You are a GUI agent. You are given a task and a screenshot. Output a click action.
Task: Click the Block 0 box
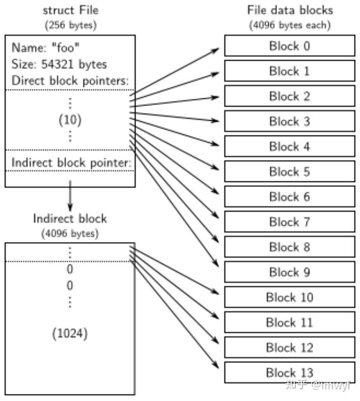point(289,46)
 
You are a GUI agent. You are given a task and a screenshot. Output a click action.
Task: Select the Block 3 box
point(289,121)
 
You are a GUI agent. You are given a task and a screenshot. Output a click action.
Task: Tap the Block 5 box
point(289,172)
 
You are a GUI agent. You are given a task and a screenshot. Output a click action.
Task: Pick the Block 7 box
point(289,222)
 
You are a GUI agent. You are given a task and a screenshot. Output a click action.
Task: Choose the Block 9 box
point(289,272)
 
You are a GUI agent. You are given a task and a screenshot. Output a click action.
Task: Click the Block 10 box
point(289,297)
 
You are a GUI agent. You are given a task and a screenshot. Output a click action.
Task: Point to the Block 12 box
point(289,347)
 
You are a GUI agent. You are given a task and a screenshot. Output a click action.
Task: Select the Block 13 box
point(289,372)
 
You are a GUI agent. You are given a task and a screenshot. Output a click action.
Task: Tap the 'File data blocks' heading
point(289,10)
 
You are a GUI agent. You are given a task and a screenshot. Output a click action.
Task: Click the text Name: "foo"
point(45,48)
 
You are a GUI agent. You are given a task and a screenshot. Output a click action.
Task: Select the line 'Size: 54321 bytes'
point(59,65)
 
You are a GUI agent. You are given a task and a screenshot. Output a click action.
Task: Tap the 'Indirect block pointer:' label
point(71,163)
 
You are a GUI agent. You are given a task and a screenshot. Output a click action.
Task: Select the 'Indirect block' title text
point(70,219)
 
